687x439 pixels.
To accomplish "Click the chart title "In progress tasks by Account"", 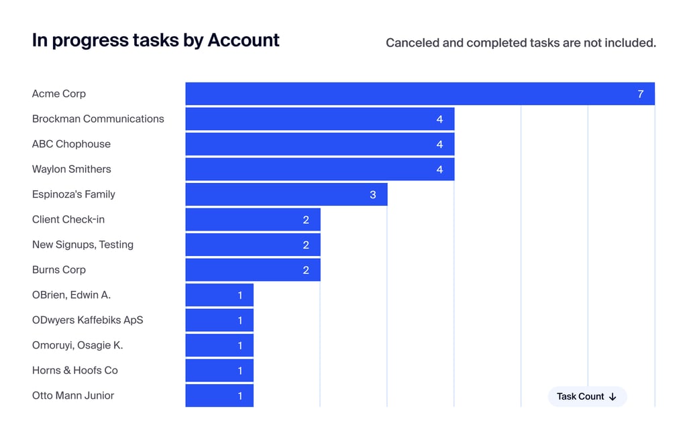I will [x=156, y=40].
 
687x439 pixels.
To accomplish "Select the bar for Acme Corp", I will [x=419, y=94].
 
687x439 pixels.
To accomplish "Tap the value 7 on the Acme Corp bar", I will [x=641, y=94].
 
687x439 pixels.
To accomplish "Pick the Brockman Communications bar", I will [x=319, y=119].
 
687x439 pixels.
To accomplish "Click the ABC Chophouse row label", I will [x=71, y=144].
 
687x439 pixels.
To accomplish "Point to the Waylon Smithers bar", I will [x=319, y=170].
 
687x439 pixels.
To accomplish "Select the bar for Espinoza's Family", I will [x=286, y=194].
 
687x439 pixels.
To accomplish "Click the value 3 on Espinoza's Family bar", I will [x=373, y=195].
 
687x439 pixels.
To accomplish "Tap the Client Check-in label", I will [x=68, y=220].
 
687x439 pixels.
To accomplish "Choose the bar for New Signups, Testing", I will [x=252, y=245].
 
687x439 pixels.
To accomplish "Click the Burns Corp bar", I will [x=252, y=270].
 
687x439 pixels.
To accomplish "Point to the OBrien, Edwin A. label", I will [x=71, y=295].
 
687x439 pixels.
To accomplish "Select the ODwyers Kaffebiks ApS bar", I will [x=219, y=320].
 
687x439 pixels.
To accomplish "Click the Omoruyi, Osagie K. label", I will [x=77, y=345].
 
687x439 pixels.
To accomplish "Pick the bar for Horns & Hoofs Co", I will [x=219, y=371].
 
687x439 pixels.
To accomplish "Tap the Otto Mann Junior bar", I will [x=219, y=395].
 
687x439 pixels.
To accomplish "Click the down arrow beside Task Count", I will [x=613, y=397].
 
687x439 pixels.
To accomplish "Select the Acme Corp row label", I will [x=59, y=94].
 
